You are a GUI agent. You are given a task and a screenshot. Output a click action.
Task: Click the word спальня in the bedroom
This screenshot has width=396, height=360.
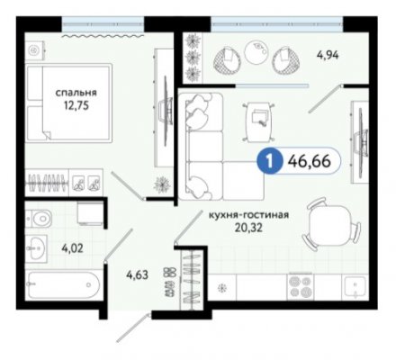76,93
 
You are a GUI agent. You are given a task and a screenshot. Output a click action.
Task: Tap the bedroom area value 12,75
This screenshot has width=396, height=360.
76,105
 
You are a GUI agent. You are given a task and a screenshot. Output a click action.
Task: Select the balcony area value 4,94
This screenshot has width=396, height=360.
328,55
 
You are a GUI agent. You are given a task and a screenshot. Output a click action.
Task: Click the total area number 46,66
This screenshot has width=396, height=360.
310,161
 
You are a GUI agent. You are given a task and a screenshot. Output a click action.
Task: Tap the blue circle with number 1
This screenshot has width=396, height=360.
269,161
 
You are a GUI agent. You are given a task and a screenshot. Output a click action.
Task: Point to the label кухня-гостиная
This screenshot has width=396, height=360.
248,215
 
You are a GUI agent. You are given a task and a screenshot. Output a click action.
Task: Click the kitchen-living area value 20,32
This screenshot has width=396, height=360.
248,228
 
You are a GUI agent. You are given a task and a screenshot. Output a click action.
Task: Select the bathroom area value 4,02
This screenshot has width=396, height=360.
72,248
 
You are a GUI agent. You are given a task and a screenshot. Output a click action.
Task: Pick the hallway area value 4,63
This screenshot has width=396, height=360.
137,274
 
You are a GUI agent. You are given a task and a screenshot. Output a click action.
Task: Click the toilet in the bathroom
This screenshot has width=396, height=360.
38,218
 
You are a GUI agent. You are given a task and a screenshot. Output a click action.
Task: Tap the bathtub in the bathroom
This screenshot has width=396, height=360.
63,284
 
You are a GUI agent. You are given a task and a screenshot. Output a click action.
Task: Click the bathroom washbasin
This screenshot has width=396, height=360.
36,248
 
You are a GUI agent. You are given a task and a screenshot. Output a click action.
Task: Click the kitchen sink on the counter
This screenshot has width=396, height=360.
355,286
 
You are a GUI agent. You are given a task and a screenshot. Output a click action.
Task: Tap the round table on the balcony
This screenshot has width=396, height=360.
256,52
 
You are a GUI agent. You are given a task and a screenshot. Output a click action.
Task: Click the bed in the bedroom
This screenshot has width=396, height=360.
68,103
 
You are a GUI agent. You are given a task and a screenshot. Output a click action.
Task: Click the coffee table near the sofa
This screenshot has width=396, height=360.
258,121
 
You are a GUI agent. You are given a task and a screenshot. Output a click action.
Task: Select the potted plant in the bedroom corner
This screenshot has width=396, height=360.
162,184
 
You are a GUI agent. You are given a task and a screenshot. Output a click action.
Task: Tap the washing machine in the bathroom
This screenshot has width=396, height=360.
90,213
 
